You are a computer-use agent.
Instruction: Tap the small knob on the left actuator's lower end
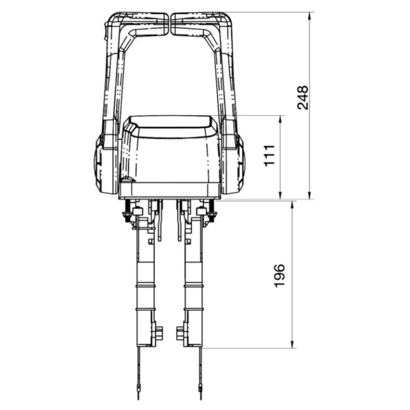[159, 333]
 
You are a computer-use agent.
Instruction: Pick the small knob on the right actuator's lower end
[180, 333]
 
